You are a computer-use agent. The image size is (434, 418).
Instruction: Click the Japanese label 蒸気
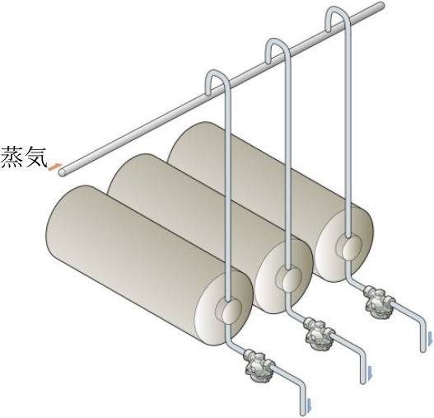(x=24, y=158)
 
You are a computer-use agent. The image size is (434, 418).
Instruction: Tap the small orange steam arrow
(x=54, y=167)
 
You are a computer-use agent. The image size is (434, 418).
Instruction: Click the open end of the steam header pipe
(x=63, y=172)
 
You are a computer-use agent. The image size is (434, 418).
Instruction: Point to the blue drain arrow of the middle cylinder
(x=369, y=373)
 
